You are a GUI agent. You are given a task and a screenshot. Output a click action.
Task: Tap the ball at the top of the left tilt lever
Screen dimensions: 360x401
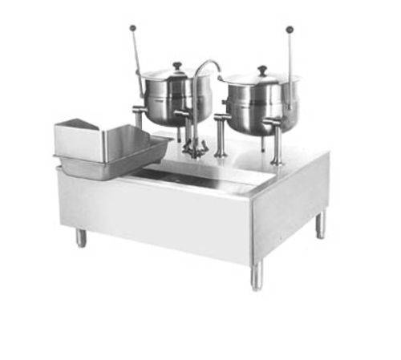tap(132, 28)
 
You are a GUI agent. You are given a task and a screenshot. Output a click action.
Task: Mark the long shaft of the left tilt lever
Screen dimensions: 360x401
tap(139, 56)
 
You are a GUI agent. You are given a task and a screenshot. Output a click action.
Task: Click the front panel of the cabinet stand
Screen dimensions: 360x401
tap(160, 220)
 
